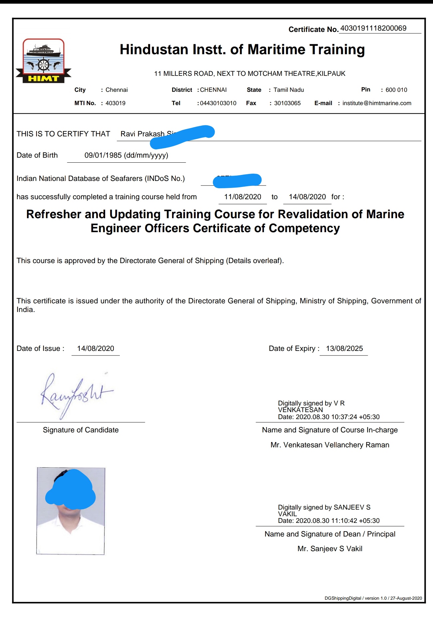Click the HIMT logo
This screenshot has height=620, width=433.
[43, 61]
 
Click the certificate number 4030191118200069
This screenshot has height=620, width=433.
[373, 28]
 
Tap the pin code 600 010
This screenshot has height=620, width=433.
[396, 90]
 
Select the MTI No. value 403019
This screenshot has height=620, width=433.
[115, 103]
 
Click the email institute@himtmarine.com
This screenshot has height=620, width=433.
[377, 103]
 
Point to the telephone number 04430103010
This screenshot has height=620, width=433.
[218, 103]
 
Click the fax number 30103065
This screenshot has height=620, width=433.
[287, 103]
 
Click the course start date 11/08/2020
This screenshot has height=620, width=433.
[243, 197]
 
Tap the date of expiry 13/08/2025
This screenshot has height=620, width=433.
[344, 349]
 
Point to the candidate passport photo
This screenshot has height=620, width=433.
[71, 511]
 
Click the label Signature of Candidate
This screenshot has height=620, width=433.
[81, 430]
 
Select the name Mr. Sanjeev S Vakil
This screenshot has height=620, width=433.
[330, 549]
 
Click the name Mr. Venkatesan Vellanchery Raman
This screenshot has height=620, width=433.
[330, 445]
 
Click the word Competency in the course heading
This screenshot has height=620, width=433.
[304, 229]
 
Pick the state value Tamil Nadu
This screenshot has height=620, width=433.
[289, 90]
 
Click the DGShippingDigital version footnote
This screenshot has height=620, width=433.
[373, 598]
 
